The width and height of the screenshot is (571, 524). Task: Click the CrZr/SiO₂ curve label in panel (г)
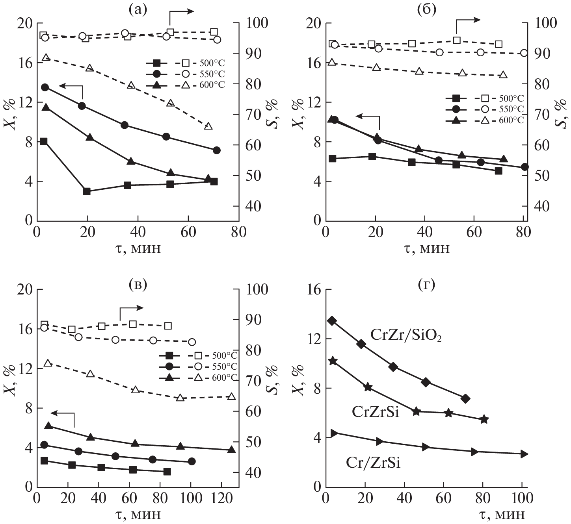click(405, 335)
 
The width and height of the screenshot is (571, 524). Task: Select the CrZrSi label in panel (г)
click(375, 412)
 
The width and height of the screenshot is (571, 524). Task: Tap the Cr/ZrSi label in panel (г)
click(373, 463)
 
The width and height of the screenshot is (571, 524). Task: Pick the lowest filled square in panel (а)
click(87, 191)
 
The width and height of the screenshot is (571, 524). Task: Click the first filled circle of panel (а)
click(45, 87)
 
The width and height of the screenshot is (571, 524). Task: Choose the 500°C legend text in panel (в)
click(225, 356)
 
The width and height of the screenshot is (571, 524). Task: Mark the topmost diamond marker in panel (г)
click(332, 321)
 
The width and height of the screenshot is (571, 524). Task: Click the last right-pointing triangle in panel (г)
click(524, 454)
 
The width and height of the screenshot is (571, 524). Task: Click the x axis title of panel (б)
click(427, 248)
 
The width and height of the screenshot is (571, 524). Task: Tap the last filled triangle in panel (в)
click(231, 450)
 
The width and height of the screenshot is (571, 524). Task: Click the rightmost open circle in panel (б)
click(524, 53)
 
